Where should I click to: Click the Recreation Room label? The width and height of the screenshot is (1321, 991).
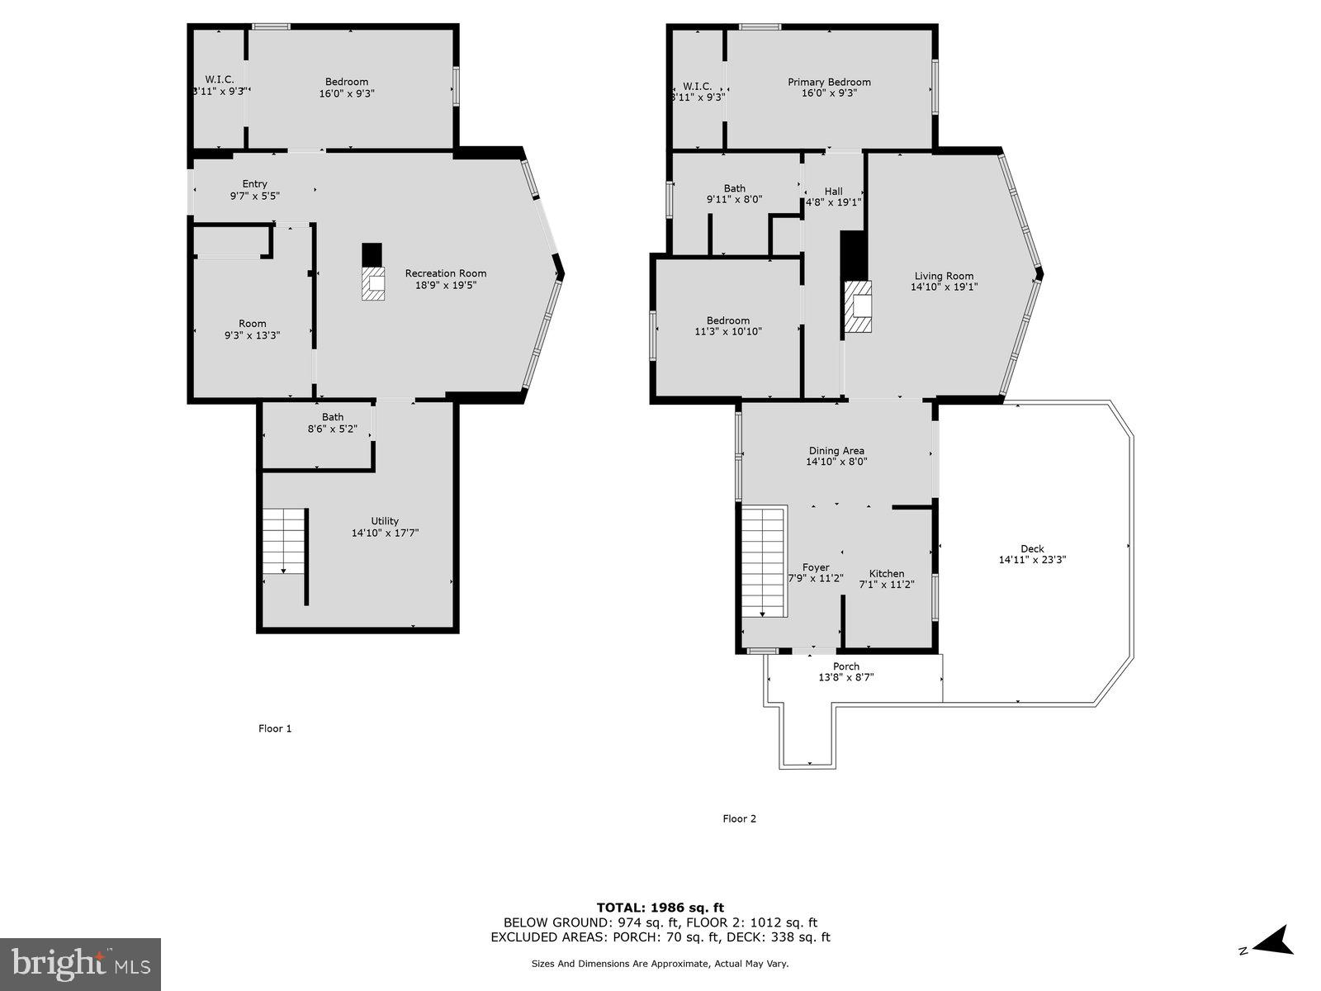(x=445, y=273)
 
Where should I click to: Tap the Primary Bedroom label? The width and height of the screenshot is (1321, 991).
(x=829, y=82)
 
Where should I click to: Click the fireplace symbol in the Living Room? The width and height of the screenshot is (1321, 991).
(x=859, y=306)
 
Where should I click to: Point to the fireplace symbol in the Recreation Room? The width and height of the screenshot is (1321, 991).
(x=373, y=283)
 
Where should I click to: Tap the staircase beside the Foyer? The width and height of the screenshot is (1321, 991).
(x=762, y=562)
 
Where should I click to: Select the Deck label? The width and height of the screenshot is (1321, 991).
(x=1032, y=548)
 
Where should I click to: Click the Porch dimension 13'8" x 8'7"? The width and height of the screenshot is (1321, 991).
(x=845, y=677)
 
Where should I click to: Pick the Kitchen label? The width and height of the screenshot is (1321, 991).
(x=887, y=573)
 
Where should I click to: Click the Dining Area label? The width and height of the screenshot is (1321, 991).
(x=836, y=451)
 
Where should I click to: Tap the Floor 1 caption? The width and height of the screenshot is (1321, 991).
(x=275, y=728)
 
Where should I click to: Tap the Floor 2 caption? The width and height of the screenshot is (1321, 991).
(x=739, y=818)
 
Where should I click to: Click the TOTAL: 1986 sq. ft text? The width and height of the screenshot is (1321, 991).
(x=660, y=908)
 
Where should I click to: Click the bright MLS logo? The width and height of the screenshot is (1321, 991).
(x=81, y=963)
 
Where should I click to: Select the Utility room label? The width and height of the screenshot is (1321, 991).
(x=385, y=521)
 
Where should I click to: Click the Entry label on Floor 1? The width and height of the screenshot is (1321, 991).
(x=254, y=184)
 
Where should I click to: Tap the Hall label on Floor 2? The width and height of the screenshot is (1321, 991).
(x=833, y=191)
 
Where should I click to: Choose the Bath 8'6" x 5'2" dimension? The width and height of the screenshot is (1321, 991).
(x=333, y=429)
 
